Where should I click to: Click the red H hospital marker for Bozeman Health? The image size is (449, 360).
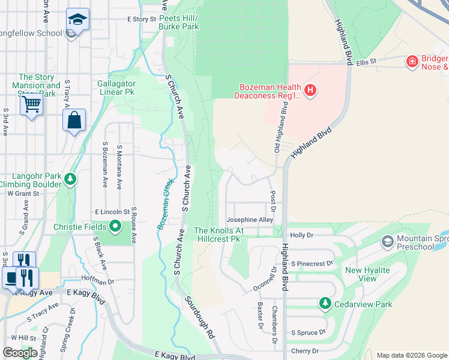click(x=310, y=91)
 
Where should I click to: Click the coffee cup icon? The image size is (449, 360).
click(x=12, y=278)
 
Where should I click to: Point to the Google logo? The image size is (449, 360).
click(x=20, y=353)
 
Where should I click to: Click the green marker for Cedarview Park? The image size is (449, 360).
click(x=325, y=304)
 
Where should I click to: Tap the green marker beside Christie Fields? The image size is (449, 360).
click(x=115, y=226)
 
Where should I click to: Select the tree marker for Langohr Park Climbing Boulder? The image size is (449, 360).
click(x=70, y=179)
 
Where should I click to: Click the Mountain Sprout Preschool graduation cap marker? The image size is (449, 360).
click(x=388, y=242)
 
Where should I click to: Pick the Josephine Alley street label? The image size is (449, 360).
click(x=249, y=220)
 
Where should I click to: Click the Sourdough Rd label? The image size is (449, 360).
click(x=199, y=316)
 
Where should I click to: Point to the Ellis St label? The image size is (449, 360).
click(x=365, y=61)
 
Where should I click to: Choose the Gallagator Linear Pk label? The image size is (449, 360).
click(x=116, y=88)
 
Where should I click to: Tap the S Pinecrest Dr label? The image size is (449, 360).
click(x=312, y=263)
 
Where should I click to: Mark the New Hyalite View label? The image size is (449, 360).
click(x=367, y=274)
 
